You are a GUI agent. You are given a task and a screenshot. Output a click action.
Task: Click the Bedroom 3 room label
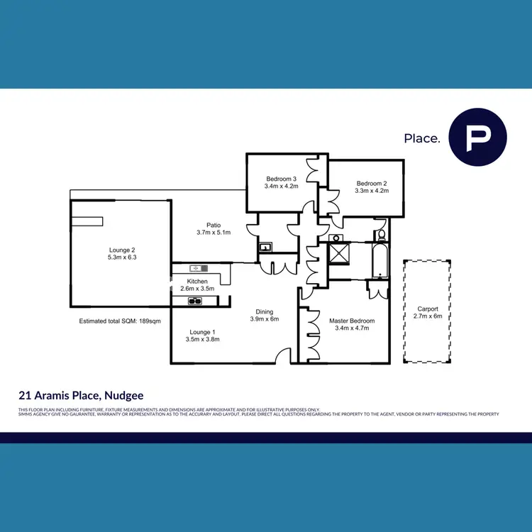click(280, 179)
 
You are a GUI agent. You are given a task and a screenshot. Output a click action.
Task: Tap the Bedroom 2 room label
click(372, 183)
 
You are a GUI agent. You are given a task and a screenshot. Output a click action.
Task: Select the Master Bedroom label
click(351, 321)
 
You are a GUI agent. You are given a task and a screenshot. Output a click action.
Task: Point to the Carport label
click(428, 309)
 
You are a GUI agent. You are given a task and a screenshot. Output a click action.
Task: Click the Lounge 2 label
click(122, 250)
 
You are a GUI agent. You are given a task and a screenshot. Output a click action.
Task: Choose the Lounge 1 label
click(202, 332)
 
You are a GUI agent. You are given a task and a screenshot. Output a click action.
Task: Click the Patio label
click(213, 225)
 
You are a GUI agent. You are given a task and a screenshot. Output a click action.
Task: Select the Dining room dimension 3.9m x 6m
click(265, 319)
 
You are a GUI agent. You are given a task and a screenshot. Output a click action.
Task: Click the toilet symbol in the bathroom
click(382, 235)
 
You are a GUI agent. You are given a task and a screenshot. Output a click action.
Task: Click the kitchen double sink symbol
click(194, 301)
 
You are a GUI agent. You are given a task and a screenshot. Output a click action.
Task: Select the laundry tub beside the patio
click(265, 248)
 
